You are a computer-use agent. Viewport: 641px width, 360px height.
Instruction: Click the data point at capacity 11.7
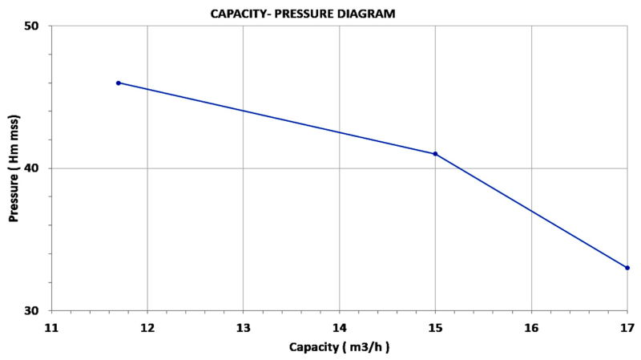(119, 83)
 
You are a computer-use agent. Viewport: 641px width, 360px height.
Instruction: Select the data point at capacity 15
(435, 154)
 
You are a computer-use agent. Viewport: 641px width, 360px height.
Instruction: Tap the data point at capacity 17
(627, 268)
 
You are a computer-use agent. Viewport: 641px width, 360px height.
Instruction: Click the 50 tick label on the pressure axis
(35, 26)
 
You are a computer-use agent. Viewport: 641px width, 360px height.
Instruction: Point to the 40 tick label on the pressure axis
(35, 168)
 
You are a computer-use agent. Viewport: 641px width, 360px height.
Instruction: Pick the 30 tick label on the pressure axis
(35, 311)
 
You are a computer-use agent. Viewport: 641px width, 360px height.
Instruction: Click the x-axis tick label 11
(51, 327)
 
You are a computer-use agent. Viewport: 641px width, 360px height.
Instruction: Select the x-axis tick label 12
(147, 327)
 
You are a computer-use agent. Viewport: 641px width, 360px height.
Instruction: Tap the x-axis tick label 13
(244, 327)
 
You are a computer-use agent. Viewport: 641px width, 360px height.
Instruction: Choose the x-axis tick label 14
(339, 327)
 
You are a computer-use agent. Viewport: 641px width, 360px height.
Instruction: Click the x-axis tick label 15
(435, 327)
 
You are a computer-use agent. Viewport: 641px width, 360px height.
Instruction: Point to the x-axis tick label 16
(531, 327)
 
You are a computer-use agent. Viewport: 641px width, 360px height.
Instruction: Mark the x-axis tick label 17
(627, 327)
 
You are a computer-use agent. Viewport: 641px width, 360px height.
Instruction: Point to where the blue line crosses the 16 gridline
(531, 211)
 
